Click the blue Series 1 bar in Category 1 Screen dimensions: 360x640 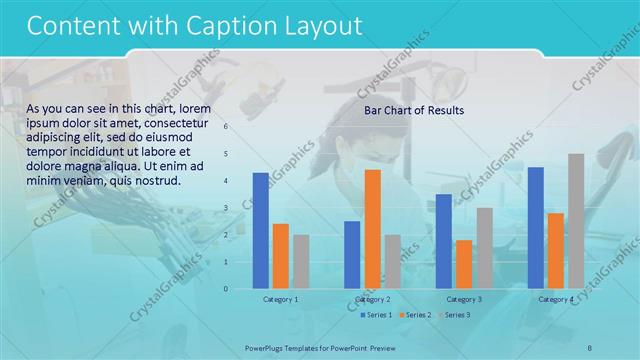pos(260,231)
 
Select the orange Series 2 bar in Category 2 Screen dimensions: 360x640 pos(372,229)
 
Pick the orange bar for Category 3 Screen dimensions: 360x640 pos(464,264)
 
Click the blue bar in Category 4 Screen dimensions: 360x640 pos(536,228)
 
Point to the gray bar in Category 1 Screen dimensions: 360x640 pos(301,262)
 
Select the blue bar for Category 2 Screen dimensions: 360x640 pos(352,255)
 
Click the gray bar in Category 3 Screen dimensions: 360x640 pos(484,248)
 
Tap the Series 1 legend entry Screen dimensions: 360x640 pos(376,315)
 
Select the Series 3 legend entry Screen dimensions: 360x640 pos(454,315)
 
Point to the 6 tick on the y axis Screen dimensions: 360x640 pos(226,127)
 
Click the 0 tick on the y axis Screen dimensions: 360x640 pos(226,289)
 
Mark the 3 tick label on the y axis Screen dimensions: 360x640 pos(226,208)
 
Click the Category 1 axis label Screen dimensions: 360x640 pos(280,299)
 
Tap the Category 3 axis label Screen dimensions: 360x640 pos(464,299)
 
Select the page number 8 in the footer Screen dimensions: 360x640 pos(589,347)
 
